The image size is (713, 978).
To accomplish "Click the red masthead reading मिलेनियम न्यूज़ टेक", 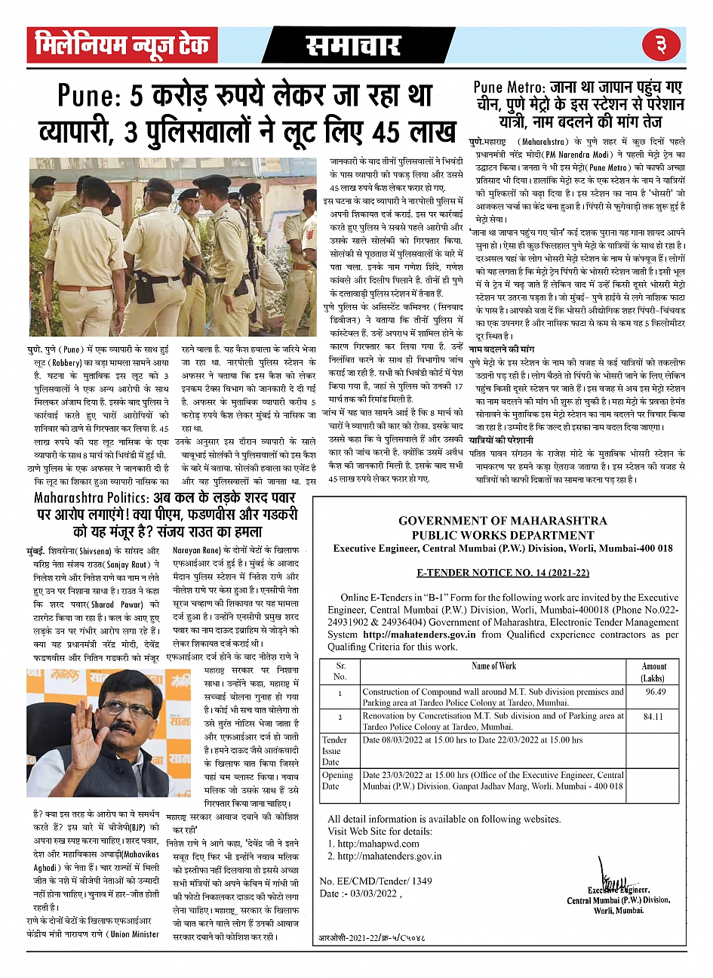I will [122, 46].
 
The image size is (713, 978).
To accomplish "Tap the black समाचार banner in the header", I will [354, 46].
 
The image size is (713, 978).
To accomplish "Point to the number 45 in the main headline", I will [394, 132].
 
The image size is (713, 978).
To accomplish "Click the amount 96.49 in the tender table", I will [655, 692].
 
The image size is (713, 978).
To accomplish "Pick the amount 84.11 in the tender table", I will [653, 716].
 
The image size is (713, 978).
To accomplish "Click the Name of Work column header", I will [494, 666].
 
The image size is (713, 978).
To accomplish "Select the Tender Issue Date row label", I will [335, 751].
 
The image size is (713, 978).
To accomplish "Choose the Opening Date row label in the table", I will [337, 781].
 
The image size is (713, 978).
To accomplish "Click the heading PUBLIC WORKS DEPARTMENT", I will [502, 535].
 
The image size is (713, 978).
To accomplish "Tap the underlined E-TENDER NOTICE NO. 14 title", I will [502, 574].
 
